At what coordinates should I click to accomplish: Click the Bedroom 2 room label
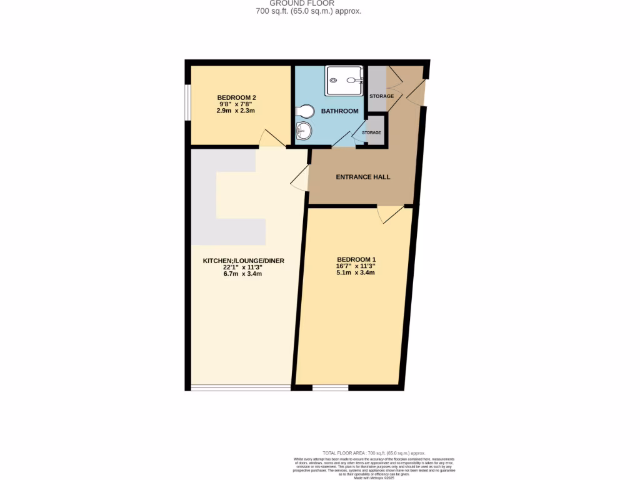(x=237, y=97)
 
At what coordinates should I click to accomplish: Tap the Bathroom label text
(x=339, y=111)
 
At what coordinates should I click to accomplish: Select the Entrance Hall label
(x=363, y=177)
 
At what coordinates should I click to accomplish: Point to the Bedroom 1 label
(x=356, y=259)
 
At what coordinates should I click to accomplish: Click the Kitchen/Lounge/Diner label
(x=244, y=261)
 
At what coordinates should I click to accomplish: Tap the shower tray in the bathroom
(x=344, y=81)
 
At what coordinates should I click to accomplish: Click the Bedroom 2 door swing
(x=271, y=138)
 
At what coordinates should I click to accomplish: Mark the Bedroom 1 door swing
(x=391, y=214)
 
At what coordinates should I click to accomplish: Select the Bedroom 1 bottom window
(x=330, y=388)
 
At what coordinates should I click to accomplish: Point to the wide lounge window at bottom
(x=241, y=388)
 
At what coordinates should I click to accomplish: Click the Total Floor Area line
(x=374, y=452)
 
